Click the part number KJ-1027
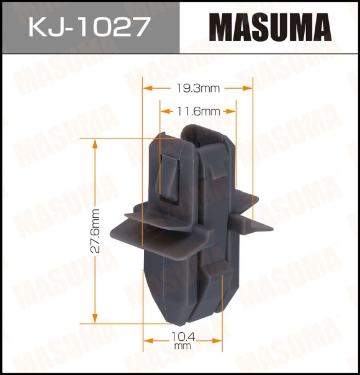(x=89, y=27)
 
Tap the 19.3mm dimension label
(x=197, y=88)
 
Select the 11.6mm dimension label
(x=198, y=111)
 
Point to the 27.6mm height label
(x=95, y=231)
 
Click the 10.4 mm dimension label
(x=183, y=340)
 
